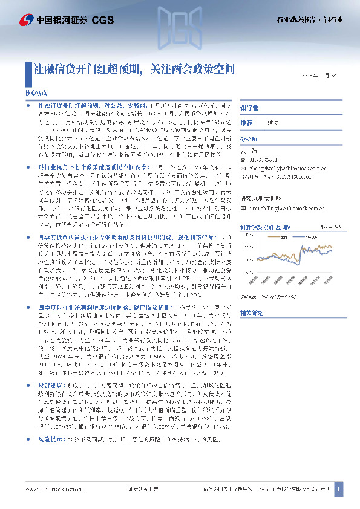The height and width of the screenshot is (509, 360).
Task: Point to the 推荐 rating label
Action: coord(246,122)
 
